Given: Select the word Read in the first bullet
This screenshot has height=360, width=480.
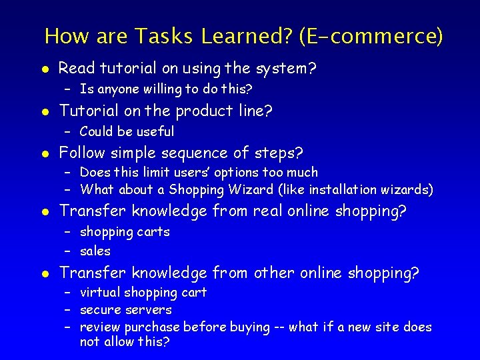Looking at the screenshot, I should coord(75,68).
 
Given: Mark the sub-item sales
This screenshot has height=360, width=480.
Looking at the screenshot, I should coord(95,251).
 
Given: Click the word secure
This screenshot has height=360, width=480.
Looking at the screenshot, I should coord(99,309).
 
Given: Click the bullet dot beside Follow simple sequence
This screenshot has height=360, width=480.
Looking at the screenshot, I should coord(44,154).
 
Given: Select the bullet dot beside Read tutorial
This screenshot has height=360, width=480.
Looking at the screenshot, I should coord(44,69).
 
